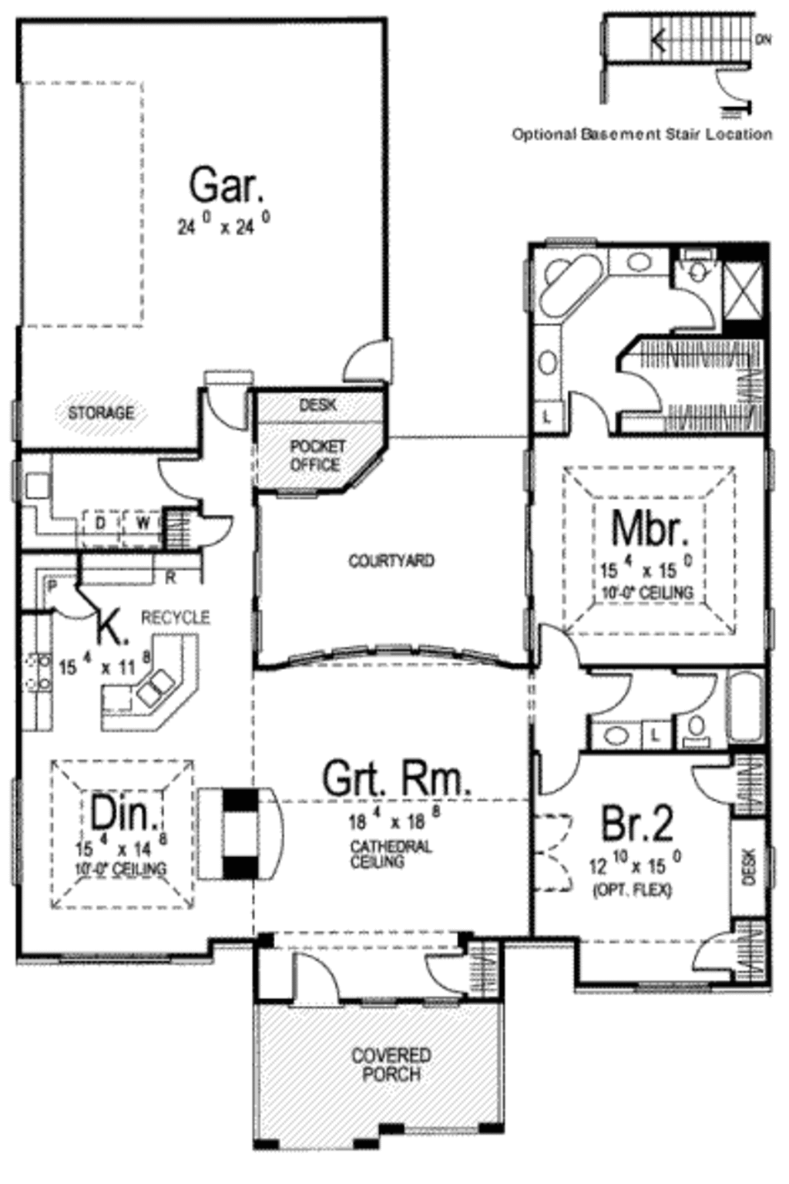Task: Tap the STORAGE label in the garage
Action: tap(101, 413)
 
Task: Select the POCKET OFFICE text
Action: tap(317, 456)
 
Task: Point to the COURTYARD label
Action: tap(391, 560)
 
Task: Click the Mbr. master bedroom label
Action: tap(649, 529)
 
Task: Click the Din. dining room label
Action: tap(125, 812)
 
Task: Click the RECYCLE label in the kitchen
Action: tap(175, 617)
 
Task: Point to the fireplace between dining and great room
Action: tap(240, 833)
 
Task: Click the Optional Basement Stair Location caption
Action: tap(642, 134)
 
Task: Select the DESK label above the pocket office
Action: tap(317, 405)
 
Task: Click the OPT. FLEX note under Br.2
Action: tap(632, 890)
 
